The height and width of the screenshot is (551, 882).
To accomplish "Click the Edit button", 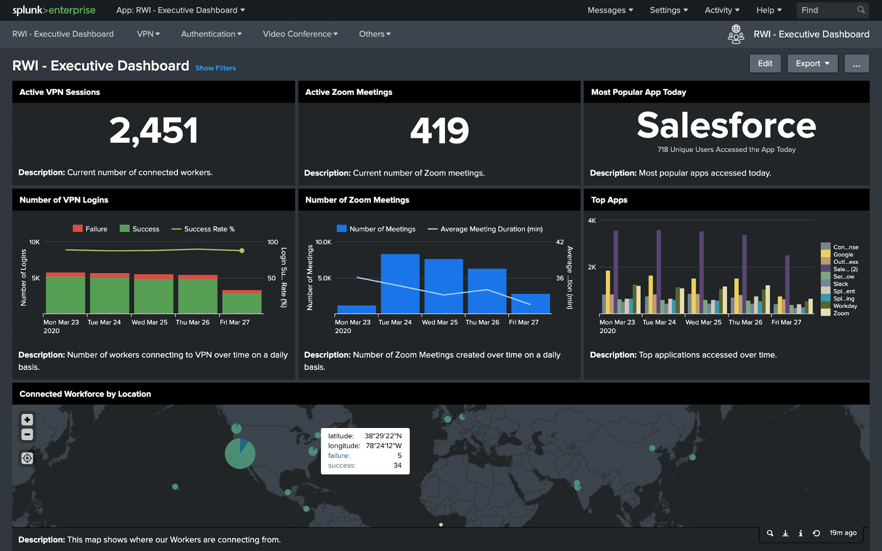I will (765, 64).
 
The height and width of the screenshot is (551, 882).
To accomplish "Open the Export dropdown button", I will (812, 64).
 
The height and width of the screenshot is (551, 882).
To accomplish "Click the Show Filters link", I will (215, 68).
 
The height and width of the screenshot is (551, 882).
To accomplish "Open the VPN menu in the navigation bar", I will (148, 34).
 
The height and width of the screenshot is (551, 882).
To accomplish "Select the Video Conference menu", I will (300, 34).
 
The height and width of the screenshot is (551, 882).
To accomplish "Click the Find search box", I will (827, 10).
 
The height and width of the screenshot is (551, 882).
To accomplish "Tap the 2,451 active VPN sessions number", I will (154, 130).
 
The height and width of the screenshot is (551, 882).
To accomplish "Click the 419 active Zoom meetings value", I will (439, 130).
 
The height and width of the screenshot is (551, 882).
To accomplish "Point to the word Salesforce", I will (726, 125).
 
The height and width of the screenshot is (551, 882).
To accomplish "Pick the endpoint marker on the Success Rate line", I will (242, 251).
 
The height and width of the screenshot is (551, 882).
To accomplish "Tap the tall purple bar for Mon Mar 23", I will (616, 271).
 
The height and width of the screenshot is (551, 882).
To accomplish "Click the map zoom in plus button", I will (27, 420).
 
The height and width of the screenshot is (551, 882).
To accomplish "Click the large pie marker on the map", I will (240, 454).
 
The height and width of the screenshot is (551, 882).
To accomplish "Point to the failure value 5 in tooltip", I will (399, 455).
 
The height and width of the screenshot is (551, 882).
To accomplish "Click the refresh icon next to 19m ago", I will (816, 533).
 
